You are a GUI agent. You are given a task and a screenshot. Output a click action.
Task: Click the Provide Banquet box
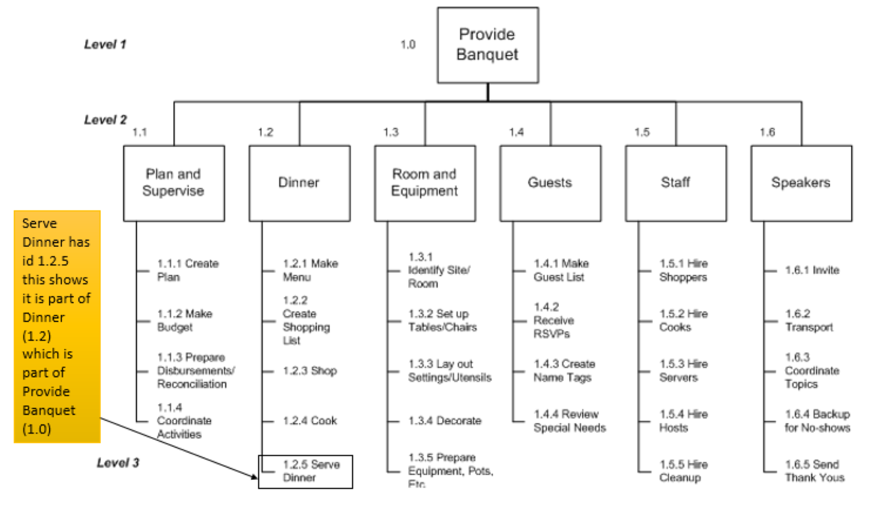488,45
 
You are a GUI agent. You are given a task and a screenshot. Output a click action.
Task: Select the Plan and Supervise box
173,183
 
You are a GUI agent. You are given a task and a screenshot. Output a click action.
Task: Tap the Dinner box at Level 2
299,183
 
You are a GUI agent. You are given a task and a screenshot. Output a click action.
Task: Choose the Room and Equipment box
425,183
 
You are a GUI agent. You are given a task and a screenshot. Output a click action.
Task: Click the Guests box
550,183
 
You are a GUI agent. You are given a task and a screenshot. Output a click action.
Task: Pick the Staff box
676,183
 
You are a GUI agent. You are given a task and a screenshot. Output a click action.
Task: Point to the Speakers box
801,183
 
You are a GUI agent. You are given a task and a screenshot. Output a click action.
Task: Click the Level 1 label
105,45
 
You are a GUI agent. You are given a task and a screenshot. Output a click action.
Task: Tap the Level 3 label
118,463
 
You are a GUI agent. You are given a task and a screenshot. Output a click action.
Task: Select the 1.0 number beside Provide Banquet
408,45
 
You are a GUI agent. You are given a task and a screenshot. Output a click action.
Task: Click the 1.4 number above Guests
516,133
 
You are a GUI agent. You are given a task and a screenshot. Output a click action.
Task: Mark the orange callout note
57,326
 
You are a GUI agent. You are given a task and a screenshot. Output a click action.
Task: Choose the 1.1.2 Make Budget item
184,320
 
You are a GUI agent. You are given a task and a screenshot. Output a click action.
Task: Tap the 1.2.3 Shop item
309,371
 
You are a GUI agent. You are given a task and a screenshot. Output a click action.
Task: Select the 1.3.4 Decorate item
444,421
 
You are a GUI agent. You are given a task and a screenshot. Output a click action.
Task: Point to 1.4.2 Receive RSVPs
553,320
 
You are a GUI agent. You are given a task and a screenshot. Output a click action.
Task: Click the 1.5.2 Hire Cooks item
683,320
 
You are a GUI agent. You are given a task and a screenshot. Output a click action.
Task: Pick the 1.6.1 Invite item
811,270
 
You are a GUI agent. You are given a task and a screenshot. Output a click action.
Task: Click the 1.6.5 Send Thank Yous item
814,471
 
